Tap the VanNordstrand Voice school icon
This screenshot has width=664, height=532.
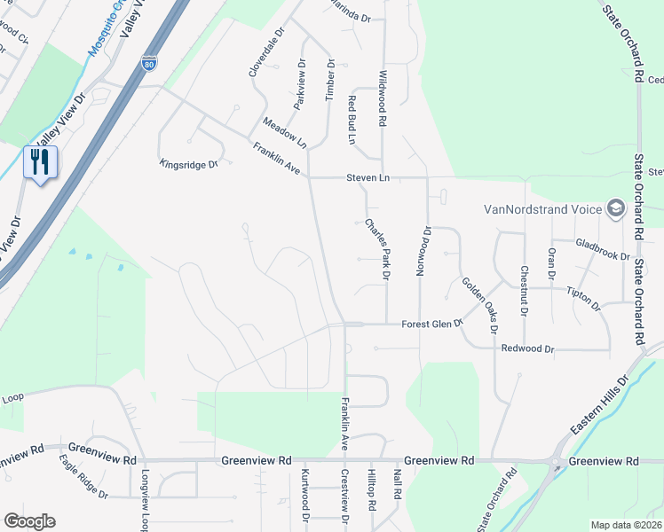click(613, 210)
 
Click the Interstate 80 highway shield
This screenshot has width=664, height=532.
click(149, 63)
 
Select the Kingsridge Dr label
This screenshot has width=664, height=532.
click(188, 163)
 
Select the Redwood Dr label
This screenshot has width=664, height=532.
click(527, 349)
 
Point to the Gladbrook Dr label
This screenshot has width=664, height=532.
click(602, 250)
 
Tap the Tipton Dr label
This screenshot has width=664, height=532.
click(582, 299)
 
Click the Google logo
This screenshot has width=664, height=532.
click(29, 520)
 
